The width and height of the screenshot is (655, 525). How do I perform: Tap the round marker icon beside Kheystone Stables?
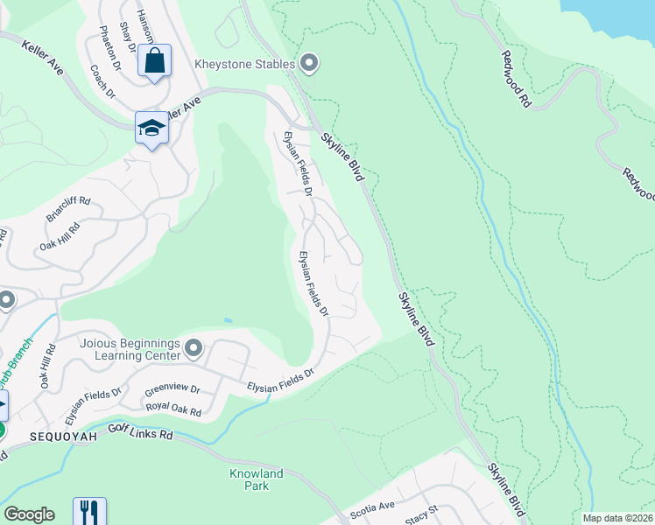[x=309, y=62]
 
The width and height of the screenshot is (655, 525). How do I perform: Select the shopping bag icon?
[x=154, y=61]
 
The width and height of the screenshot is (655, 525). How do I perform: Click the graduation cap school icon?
[x=151, y=129]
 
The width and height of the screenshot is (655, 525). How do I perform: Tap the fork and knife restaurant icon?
[x=89, y=512]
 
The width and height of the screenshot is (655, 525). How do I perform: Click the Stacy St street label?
[x=421, y=512]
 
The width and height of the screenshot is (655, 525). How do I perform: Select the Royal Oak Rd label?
[x=173, y=409]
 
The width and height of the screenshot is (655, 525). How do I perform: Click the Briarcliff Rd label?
[x=67, y=209]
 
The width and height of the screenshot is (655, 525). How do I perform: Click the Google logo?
[x=29, y=514]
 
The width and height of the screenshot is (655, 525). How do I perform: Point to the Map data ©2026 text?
[x=617, y=518]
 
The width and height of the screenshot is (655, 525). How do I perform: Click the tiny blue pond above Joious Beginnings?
[x=228, y=320]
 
